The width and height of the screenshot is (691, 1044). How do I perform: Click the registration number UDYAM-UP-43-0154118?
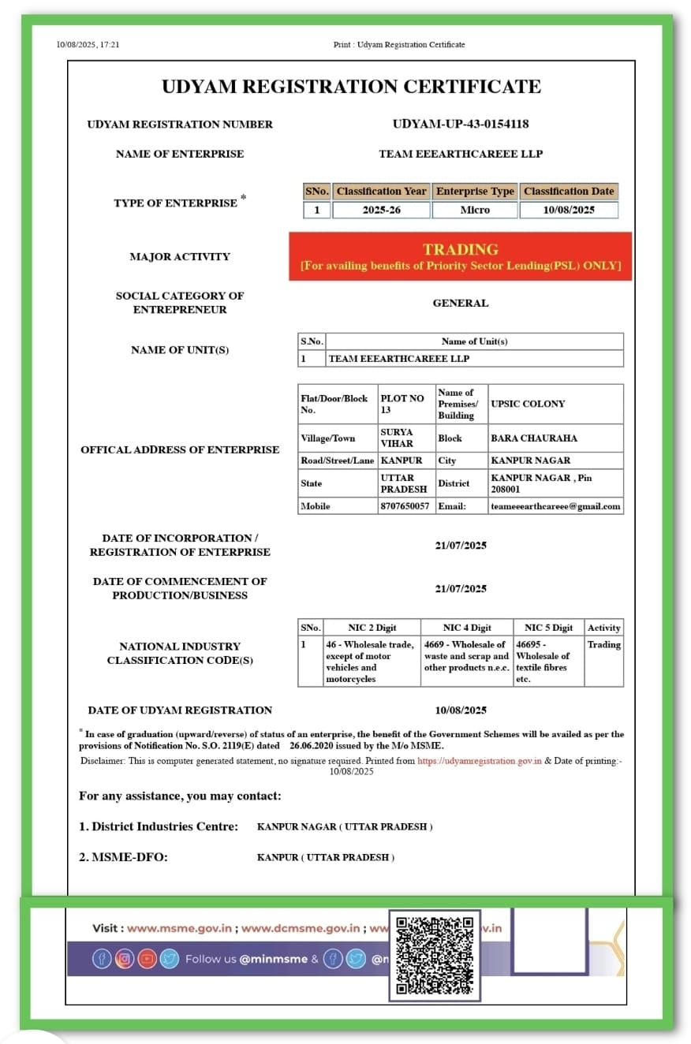[461, 124]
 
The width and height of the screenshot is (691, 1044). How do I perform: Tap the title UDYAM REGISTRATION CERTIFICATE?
[351, 87]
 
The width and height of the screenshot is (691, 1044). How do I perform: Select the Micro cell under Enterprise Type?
[475, 210]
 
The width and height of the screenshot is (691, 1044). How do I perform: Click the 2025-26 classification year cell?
[382, 210]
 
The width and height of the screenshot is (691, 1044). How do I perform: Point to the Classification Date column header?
[568, 191]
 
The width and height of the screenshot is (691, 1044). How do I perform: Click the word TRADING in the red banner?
[461, 249]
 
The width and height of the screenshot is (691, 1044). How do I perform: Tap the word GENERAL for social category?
[461, 303]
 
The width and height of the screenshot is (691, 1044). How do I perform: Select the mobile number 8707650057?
[405, 506]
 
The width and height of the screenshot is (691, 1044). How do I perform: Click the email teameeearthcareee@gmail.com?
[555, 506]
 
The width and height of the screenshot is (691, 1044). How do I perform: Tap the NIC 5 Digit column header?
[548, 628]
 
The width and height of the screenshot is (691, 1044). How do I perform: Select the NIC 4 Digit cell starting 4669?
[466, 656]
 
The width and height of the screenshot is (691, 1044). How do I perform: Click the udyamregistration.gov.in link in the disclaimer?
[479, 761]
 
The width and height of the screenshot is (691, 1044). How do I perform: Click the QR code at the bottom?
[435, 956]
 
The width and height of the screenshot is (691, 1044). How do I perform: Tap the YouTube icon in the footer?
[148, 959]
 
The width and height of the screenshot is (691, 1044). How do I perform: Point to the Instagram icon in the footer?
[125, 959]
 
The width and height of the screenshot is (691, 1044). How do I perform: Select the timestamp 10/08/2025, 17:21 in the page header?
[88, 45]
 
